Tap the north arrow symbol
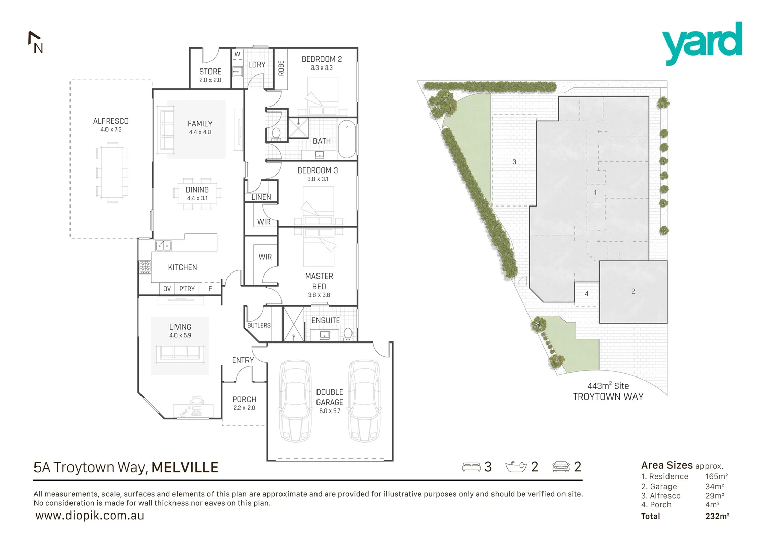(x=36, y=43)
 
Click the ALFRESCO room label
(x=111, y=121)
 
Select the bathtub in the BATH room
(x=347, y=139)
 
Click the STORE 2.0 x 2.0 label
(x=210, y=75)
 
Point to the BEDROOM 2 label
(x=322, y=59)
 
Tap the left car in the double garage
(x=296, y=401)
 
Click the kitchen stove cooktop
(x=145, y=267)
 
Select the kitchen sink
(x=163, y=246)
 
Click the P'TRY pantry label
(x=187, y=289)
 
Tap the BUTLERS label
(x=259, y=325)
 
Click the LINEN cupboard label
(x=261, y=197)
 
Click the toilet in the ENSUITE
(x=348, y=334)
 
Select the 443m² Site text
(x=608, y=386)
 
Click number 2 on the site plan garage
(x=633, y=291)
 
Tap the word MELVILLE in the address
(x=185, y=467)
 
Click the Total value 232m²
(x=717, y=516)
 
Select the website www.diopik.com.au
(x=89, y=516)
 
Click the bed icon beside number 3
(x=471, y=467)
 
